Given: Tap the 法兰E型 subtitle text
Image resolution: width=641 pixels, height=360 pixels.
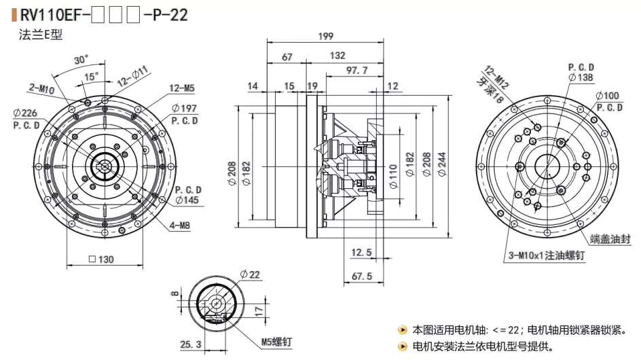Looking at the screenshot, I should [x=40, y=35].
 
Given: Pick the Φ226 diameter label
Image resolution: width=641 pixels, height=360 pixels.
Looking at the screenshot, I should [x=25, y=113].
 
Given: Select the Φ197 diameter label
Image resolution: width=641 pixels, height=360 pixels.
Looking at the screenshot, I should [x=184, y=108].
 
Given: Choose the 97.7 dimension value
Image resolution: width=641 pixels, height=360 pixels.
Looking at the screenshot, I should [x=356, y=70].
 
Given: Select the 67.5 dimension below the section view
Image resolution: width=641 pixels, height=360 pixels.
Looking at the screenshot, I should [x=361, y=276].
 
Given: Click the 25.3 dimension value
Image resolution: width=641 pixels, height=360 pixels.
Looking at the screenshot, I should [x=191, y=345].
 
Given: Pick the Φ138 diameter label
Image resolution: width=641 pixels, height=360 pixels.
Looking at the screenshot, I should [x=581, y=78].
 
